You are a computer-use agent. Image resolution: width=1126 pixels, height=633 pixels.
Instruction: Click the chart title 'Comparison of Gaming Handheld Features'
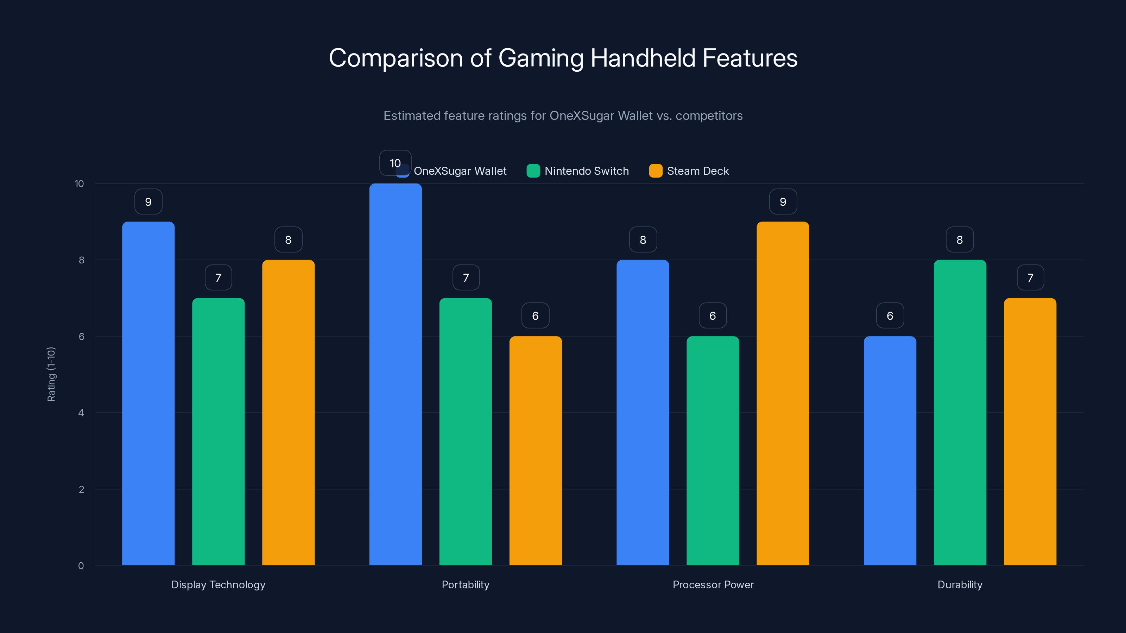point(563,58)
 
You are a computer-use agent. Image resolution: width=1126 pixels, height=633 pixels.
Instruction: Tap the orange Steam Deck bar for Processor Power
point(783,393)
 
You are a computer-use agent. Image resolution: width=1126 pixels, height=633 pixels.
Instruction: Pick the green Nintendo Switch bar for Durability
point(960,413)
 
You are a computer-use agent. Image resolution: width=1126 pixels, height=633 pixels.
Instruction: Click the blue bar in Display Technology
point(148,393)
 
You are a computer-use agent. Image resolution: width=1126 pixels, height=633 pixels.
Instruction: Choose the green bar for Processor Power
point(713,450)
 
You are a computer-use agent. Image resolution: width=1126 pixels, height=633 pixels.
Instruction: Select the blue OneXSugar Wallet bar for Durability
point(890,450)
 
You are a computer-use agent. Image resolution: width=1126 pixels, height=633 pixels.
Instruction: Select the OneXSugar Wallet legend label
point(460,171)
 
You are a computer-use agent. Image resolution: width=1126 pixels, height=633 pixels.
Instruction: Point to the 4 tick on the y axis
point(81,413)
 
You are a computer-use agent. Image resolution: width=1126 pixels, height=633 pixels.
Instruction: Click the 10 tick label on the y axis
point(79,184)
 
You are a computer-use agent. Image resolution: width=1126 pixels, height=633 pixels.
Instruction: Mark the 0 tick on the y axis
point(81,566)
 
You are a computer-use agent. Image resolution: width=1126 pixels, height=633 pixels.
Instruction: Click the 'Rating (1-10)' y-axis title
point(51,375)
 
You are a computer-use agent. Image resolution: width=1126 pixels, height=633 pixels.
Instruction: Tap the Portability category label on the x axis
point(465,584)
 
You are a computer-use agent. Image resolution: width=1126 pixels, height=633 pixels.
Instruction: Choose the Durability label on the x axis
point(960,584)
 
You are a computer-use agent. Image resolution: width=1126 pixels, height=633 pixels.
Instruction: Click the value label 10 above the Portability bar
point(395,163)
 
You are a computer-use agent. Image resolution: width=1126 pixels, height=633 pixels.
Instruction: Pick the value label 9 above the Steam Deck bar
point(783,202)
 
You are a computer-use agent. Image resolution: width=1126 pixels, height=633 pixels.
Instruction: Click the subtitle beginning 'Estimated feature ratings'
point(563,115)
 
